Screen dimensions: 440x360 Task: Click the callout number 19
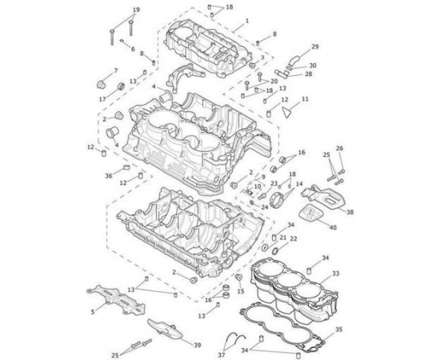(x=136, y=10)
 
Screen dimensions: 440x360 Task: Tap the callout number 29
(x=315, y=46)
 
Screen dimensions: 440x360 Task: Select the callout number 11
(x=305, y=99)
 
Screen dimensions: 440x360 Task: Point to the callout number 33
(x=336, y=273)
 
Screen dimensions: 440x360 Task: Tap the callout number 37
(x=222, y=355)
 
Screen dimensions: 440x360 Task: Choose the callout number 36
(x=109, y=176)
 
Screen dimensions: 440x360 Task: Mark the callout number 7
(x=116, y=70)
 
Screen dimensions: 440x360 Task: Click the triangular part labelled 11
(x=286, y=112)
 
